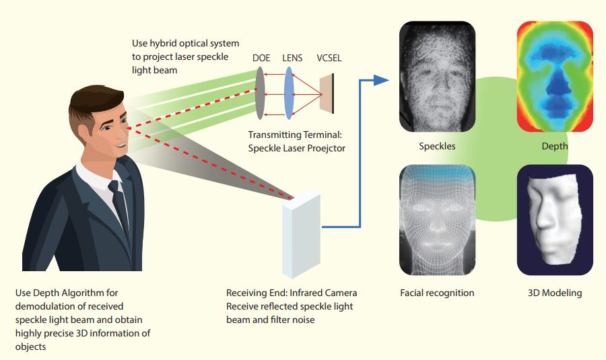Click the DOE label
261,58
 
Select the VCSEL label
329,58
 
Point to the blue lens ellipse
290,94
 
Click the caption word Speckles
437,146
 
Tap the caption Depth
554,146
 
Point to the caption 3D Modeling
555,293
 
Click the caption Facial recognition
437,293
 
